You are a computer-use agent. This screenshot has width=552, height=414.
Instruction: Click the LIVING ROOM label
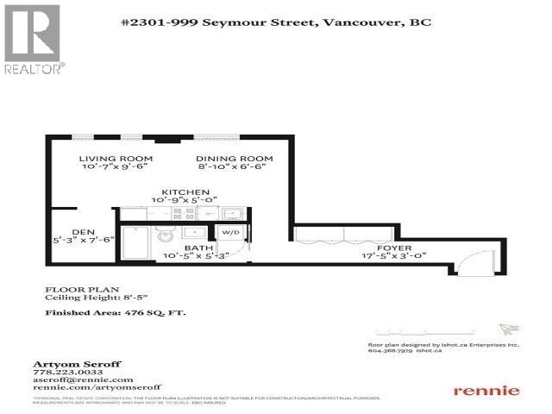[x=116, y=159]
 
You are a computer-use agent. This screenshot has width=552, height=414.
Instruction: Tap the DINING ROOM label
[x=234, y=159]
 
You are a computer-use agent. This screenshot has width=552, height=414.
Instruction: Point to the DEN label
[x=83, y=232]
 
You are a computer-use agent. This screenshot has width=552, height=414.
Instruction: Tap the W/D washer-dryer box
[x=230, y=233]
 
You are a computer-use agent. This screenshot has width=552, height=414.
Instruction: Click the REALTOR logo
[x=33, y=39]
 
